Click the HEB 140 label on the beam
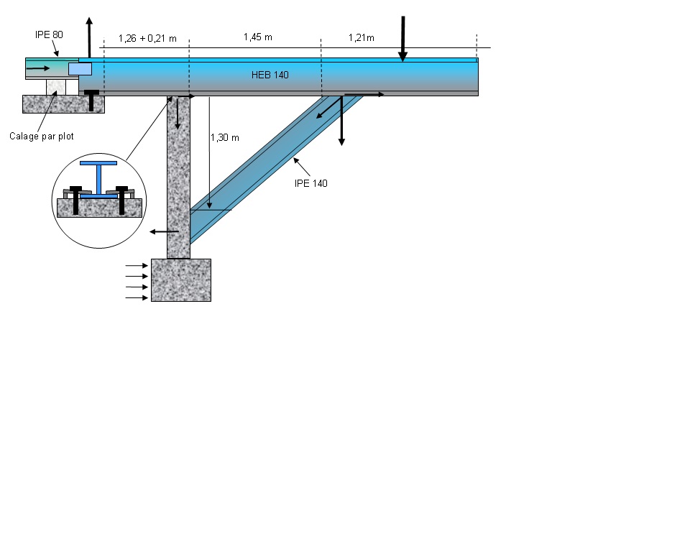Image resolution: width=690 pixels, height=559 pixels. (270, 75)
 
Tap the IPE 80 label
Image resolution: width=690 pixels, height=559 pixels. (50, 34)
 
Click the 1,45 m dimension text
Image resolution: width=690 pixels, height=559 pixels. (257, 37)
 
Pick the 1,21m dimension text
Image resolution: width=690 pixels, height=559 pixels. (362, 37)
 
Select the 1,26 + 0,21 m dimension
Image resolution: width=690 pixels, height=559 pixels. (147, 38)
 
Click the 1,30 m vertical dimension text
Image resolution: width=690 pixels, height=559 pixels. (225, 137)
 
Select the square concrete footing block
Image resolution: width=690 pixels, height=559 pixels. (181, 279)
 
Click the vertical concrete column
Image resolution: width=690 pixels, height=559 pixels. (178, 180)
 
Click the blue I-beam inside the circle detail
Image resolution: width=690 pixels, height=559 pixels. (98, 180)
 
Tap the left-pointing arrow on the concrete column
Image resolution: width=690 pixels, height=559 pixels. (164, 231)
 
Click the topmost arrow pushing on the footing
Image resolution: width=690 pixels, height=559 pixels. (137, 265)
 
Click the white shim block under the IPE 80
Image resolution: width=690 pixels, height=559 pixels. (56, 87)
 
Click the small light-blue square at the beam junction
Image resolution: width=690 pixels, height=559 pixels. (80, 68)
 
